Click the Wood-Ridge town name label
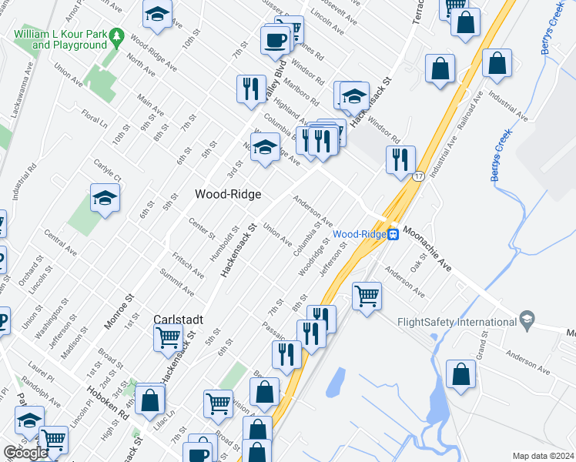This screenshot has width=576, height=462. click(x=227, y=195)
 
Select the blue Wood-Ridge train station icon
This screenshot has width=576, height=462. click(x=393, y=234)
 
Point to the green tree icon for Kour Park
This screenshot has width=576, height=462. click(x=117, y=35)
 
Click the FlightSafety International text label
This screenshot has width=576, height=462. click(x=457, y=323)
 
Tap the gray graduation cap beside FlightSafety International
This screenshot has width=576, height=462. click(x=527, y=319)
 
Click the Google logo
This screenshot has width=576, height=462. click(x=25, y=453)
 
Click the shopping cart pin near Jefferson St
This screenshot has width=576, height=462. click(x=367, y=295)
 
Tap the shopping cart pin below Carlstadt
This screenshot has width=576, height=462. click(x=168, y=337)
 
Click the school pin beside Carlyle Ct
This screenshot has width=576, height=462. click(x=105, y=199)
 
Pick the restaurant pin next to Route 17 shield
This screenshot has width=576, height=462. click(x=400, y=159)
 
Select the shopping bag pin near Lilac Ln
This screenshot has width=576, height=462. click(x=150, y=400)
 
